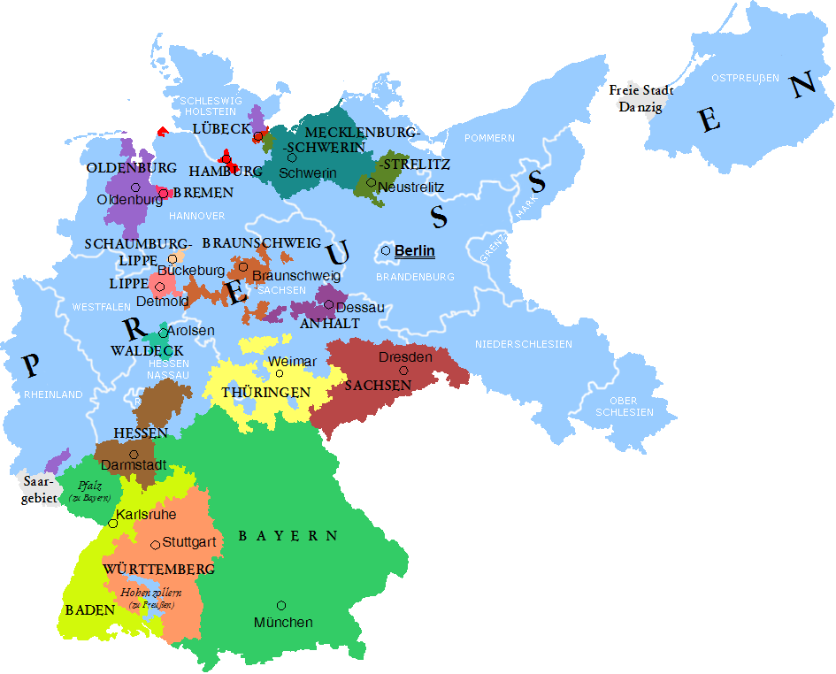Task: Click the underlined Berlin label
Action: pyautogui.click(x=414, y=251)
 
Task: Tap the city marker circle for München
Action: pyautogui.click(x=281, y=605)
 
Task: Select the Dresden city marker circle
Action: pyautogui.click(x=403, y=371)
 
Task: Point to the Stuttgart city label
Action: pyautogui.click(x=189, y=541)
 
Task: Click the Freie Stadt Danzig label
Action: pyautogui.click(x=641, y=98)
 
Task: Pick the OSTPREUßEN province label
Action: pyautogui.click(x=745, y=78)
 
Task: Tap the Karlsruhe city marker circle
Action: pyautogui.click(x=112, y=524)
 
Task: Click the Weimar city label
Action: pyautogui.click(x=291, y=362)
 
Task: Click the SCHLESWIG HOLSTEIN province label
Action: pyautogui.click(x=208, y=106)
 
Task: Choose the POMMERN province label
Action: pyautogui.click(x=489, y=138)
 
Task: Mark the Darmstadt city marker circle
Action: pyautogui.click(x=134, y=455)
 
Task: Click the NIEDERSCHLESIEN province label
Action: pyautogui.click(x=523, y=344)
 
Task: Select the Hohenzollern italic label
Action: pyautogui.click(x=151, y=592)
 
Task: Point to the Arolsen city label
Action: pyautogui.click(x=190, y=331)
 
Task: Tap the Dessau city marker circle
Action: pyautogui.click(x=328, y=304)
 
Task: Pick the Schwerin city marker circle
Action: pyautogui.click(x=291, y=157)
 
